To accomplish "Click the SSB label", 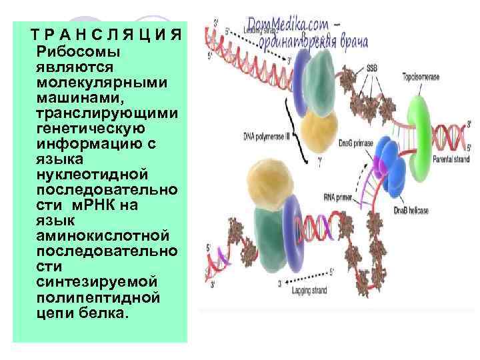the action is [371, 68].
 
